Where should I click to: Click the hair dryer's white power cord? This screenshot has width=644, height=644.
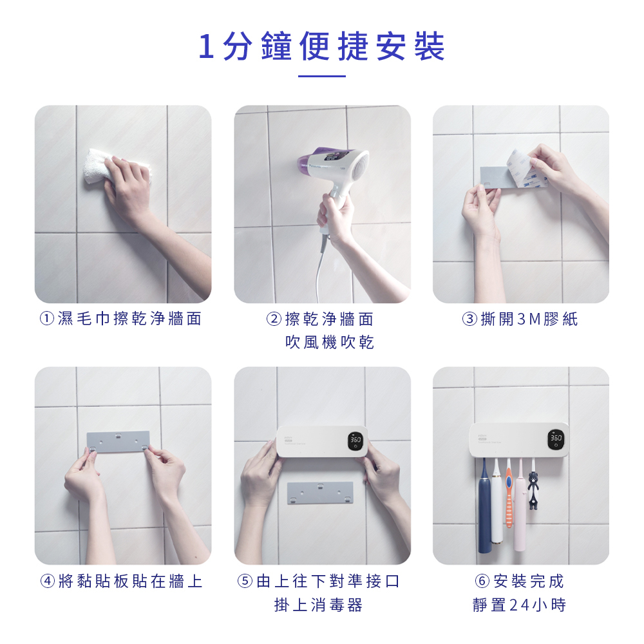[x=320, y=263]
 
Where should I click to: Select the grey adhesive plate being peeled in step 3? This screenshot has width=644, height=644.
[x=494, y=178]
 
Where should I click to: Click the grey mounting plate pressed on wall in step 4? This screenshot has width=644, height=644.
[x=118, y=442]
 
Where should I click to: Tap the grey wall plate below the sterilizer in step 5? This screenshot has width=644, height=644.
[x=320, y=493]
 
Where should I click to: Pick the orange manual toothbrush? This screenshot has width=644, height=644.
[x=509, y=493]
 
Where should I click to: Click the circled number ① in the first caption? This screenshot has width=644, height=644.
[x=47, y=318]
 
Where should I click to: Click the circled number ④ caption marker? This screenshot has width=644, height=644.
[x=48, y=581]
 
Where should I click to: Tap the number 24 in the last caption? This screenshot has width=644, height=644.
[x=519, y=605]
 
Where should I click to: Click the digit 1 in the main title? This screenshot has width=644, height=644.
[x=207, y=46]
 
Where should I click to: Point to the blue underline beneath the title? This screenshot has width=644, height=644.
[x=322, y=76]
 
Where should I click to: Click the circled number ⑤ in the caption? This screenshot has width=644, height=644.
[x=245, y=581]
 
